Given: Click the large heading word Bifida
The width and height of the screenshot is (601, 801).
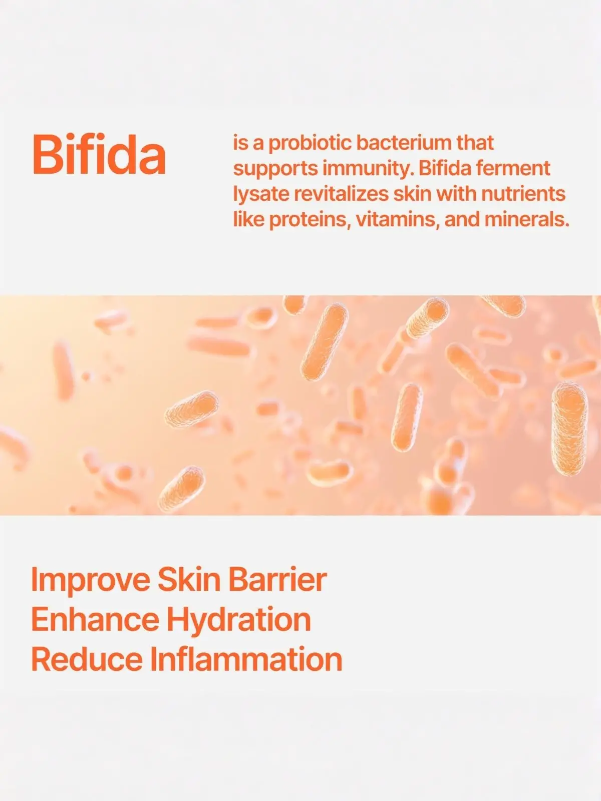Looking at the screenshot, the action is coord(99,154).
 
